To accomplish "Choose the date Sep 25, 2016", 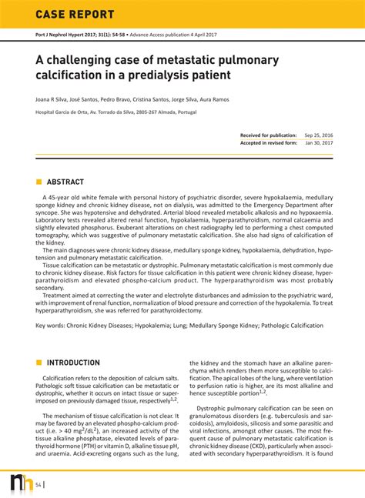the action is click(x=319, y=135).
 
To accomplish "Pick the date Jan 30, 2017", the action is click(x=319, y=142).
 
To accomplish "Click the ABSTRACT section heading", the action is click(x=65, y=182).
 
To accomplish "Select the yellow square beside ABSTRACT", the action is click(x=39, y=182).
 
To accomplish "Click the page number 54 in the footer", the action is click(x=39, y=484).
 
